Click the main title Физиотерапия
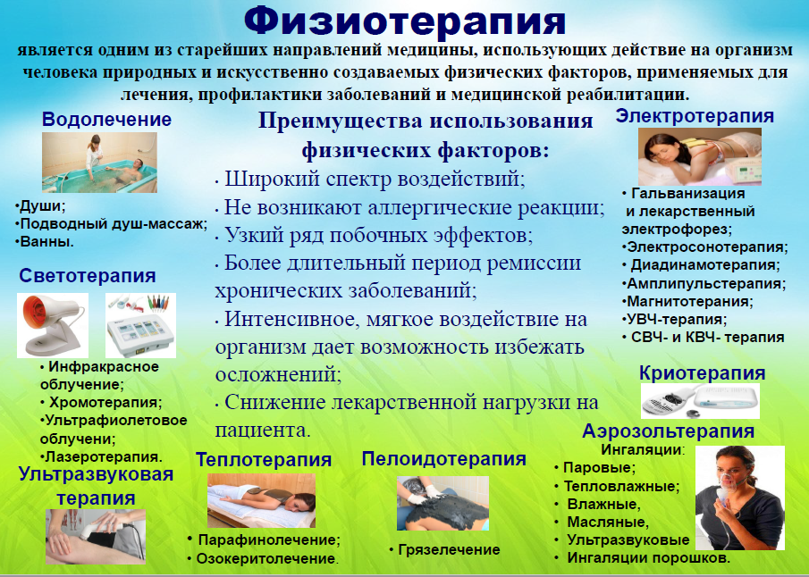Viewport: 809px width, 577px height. [405, 21]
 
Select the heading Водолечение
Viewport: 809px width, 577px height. [106, 119]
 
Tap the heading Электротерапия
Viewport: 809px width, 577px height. [695, 116]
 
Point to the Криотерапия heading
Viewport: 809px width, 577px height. [702, 372]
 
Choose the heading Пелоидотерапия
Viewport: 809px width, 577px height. [443, 458]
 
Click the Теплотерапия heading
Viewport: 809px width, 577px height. [264, 459]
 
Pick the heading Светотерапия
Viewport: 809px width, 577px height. [88, 275]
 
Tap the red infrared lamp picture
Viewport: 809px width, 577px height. [53, 325]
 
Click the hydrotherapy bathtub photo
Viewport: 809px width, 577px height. [99, 163]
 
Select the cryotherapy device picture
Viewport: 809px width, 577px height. [700, 401]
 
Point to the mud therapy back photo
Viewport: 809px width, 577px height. [442, 503]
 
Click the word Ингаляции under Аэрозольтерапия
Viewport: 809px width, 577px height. [641, 449]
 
